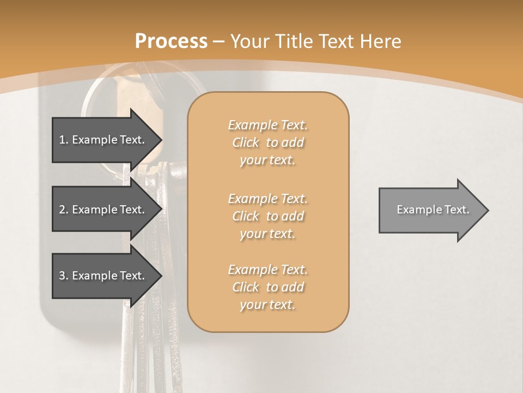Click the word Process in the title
point(171,41)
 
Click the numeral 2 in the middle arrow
point(62,210)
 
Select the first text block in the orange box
point(267,142)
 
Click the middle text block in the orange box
point(267,216)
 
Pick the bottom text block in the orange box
point(267,287)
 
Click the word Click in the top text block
point(246,142)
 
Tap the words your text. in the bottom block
point(267,305)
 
